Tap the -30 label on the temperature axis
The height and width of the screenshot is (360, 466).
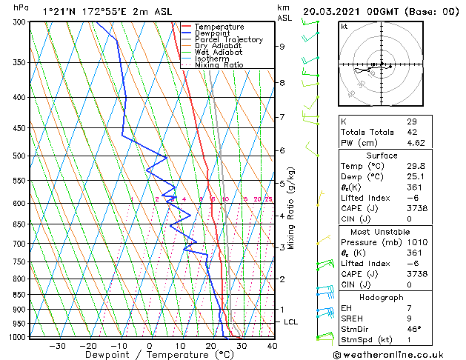(x=57, y=346)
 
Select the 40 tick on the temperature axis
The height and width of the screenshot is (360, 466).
(x=271, y=346)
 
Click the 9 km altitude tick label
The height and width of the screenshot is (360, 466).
(x=282, y=47)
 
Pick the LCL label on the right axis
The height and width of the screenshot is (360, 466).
(x=291, y=322)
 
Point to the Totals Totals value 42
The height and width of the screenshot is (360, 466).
(x=411, y=132)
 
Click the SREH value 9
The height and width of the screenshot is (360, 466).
(x=408, y=318)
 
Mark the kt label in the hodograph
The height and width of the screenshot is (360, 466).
(x=344, y=27)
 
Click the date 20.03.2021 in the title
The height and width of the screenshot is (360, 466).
(x=333, y=11)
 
